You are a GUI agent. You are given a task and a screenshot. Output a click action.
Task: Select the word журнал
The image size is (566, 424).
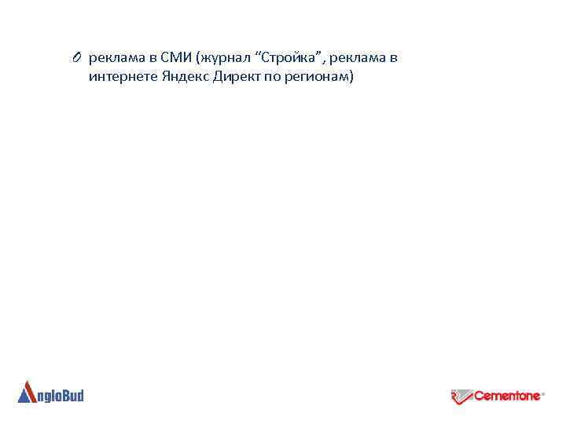pyautogui.click(x=224, y=58)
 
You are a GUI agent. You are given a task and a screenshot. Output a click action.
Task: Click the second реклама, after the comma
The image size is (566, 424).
pyautogui.click(x=355, y=57)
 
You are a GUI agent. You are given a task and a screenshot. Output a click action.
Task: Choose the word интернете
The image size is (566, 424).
pyautogui.click(x=121, y=77)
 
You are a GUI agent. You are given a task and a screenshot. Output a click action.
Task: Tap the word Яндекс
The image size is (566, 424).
pyautogui.click(x=182, y=77)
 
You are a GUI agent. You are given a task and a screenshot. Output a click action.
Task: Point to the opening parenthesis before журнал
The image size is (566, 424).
pyautogui.click(x=200, y=58)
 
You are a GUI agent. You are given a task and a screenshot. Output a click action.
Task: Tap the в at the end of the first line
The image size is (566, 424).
pyautogui.click(x=394, y=58)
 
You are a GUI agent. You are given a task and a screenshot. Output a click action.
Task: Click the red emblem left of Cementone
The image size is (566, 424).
pyautogui.click(x=461, y=397)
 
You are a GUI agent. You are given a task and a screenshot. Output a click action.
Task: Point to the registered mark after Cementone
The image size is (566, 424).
pyautogui.click(x=544, y=395)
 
